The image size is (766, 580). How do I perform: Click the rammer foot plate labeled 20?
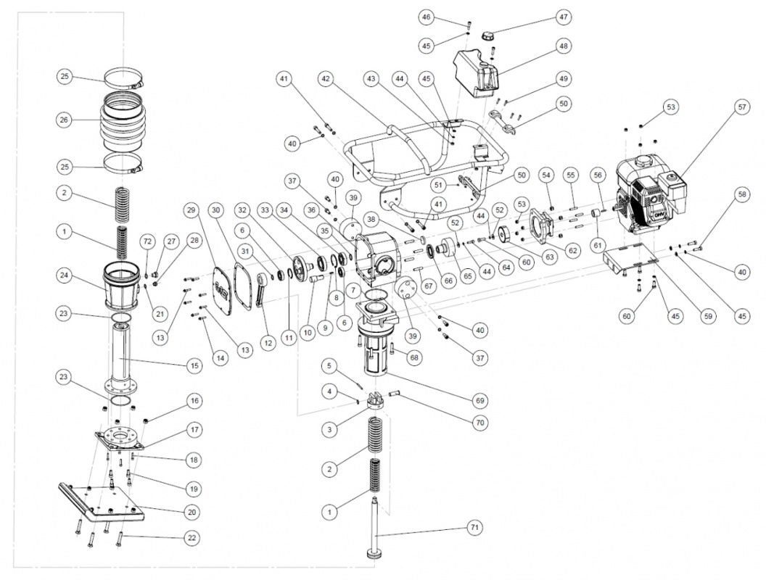point(109,504)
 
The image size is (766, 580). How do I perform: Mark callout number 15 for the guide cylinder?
point(194,365)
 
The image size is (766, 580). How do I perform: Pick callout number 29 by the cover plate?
point(191,210)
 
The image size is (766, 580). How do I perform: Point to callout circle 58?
point(741,194)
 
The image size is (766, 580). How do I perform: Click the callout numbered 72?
point(147,240)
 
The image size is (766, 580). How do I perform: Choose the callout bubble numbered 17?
point(194,429)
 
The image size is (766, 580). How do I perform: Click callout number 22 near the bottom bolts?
point(192,538)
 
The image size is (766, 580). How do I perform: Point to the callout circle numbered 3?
point(330,430)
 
